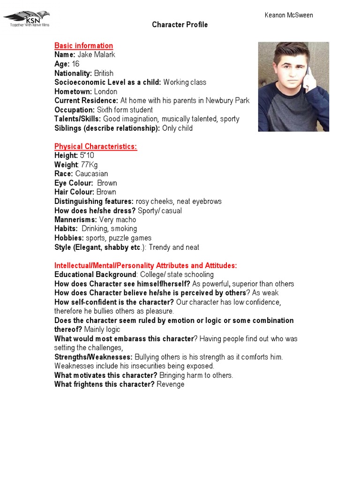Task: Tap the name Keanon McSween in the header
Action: pyautogui.click(x=289, y=15)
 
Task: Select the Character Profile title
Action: pyautogui.click(x=180, y=25)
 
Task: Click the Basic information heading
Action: pyautogui.click(x=83, y=45)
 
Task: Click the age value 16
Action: pyautogui.click(x=75, y=64)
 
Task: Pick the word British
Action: pyautogui.click(x=104, y=73)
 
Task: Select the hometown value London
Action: pyautogui.click(x=106, y=91)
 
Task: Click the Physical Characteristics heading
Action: pyautogui.click(x=96, y=147)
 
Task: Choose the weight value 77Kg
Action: pyautogui.click(x=90, y=165)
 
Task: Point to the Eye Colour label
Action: pyautogui.click(x=74, y=183)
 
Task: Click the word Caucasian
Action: pyautogui.click(x=92, y=174)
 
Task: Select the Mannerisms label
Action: pyautogui.click(x=75, y=219)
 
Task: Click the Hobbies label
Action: pyautogui.click(x=69, y=238)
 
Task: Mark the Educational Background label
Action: pyautogui.click(x=95, y=275)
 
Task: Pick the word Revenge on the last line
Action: pyautogui.click(x=171, y=384)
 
